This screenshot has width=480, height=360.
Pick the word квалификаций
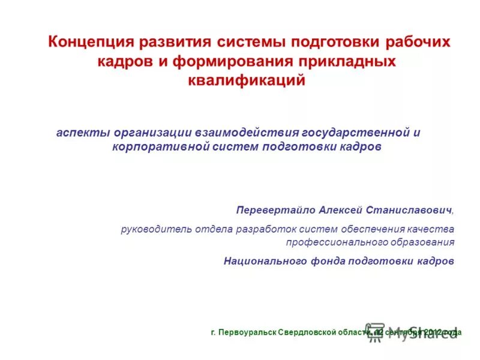tap(247, 80)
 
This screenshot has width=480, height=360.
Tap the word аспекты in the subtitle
tap(81, 132)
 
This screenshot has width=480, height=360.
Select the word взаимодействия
tap(238, 132)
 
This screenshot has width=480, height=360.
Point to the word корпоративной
tap(160, 146)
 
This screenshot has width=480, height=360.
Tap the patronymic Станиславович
tap(410, 211)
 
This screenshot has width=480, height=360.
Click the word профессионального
tap(332, 243)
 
